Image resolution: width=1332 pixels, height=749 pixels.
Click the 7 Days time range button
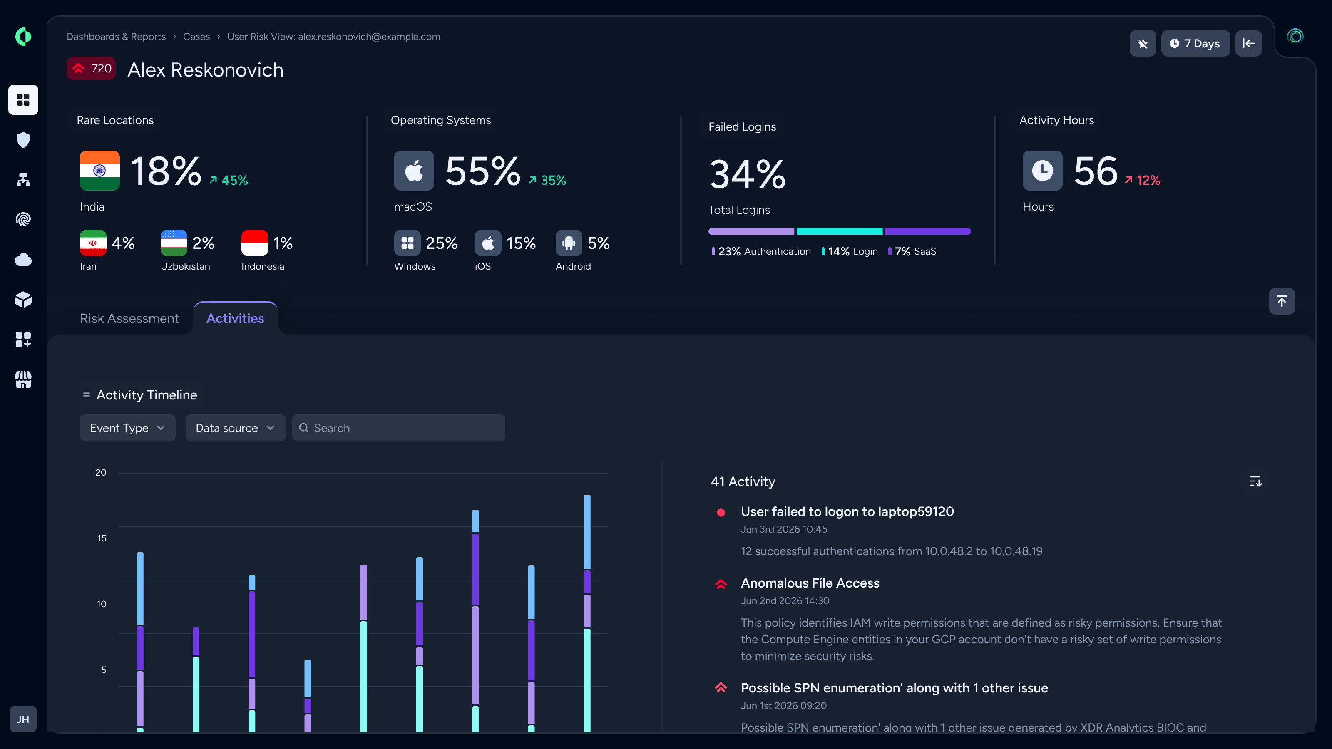tap(1195, 43)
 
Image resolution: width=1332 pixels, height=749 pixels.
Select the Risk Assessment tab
tap(129, 318)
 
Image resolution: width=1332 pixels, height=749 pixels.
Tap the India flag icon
tap(100, 171)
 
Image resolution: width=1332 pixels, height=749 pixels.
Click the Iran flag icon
tap(93, 243)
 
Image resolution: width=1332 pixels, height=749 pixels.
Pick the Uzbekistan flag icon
tap(174, 243)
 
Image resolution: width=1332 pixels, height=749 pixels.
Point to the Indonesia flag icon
tap(254, 243)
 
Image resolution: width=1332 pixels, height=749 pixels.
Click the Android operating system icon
tap(569, 243)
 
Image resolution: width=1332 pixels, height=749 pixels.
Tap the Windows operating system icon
tap(408, 243)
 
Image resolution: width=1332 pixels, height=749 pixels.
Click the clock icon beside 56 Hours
tap(1042, 171)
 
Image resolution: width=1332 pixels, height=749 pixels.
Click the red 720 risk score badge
tap(91, 68)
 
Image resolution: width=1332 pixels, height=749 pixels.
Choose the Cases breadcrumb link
tap(196, 37)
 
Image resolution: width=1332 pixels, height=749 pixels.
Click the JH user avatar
tap(23, 719)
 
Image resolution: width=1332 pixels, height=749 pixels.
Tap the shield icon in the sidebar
tap(23, 139)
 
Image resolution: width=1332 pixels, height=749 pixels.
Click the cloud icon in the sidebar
tap(23, 260)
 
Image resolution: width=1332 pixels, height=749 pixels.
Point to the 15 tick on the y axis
tap(102, 538)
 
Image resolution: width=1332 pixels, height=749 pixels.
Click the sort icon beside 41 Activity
tap(1255, 481)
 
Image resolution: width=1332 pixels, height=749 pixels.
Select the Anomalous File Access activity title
tap(810, 583)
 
